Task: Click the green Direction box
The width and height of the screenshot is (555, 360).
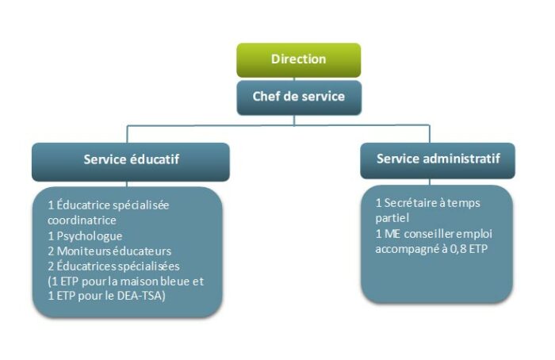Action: pos(298,59)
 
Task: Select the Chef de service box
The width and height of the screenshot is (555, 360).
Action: pos(298,97)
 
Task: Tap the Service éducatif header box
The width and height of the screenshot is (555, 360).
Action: pos(131,159)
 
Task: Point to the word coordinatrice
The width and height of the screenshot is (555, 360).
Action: pos(82,220)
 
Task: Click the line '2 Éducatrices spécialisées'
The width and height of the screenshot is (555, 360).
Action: pos(114,266)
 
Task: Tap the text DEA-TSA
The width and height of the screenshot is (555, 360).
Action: pos(145,296)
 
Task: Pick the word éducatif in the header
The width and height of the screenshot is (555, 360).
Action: pos(154,159)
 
